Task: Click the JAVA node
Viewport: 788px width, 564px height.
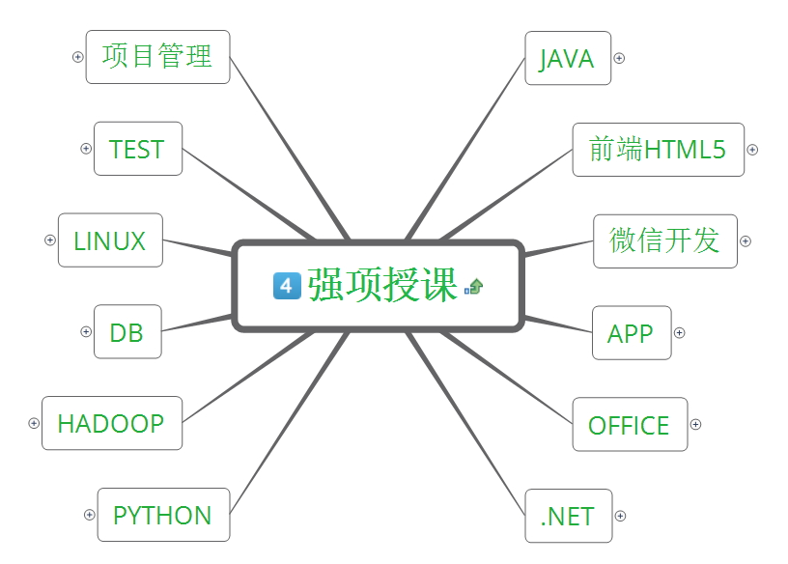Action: tap(568, 58)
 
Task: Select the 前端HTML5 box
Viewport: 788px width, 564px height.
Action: tap(658, 150)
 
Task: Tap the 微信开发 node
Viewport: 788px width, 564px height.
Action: tap(664, 240)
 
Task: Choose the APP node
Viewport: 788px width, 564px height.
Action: tap(631, 333)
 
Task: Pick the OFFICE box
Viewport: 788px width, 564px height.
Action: tap(629, 425)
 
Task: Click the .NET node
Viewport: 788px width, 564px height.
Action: tap(568, 516)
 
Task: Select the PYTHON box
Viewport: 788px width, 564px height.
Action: tap(162, 515)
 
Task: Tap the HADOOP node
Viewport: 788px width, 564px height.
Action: tap(111, 423)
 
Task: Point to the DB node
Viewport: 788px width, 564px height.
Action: tap(127, 332)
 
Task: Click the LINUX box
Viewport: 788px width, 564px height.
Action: tap(110, 240)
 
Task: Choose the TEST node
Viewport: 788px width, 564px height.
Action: tap(137, 149)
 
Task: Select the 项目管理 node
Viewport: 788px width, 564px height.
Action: tap(157, 56)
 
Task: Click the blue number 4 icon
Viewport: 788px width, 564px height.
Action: tap(288, 285)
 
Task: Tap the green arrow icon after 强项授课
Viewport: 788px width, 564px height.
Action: tap(474, 286)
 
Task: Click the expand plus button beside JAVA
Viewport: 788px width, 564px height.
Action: tap(619, 58)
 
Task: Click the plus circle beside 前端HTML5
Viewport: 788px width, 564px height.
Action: tap(752, 150)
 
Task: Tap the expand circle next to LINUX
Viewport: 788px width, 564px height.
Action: tap(50, 240)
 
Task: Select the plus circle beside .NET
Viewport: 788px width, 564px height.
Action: tap(621, 516)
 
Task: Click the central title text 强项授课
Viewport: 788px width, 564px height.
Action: tap(382, 285)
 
